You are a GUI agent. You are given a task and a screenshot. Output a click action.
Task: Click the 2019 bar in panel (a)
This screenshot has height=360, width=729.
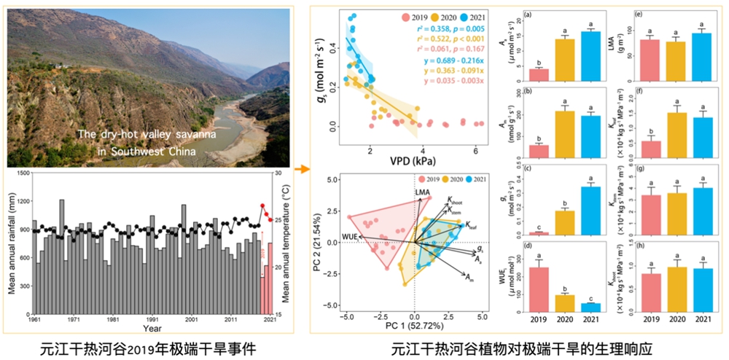pos(538,74)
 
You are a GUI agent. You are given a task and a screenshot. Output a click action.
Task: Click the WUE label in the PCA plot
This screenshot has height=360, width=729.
pos(352,238)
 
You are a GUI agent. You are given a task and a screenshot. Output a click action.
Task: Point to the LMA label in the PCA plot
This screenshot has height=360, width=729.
pos(423,192)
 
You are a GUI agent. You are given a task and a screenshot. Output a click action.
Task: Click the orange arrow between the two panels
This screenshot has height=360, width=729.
pos(300,170)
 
